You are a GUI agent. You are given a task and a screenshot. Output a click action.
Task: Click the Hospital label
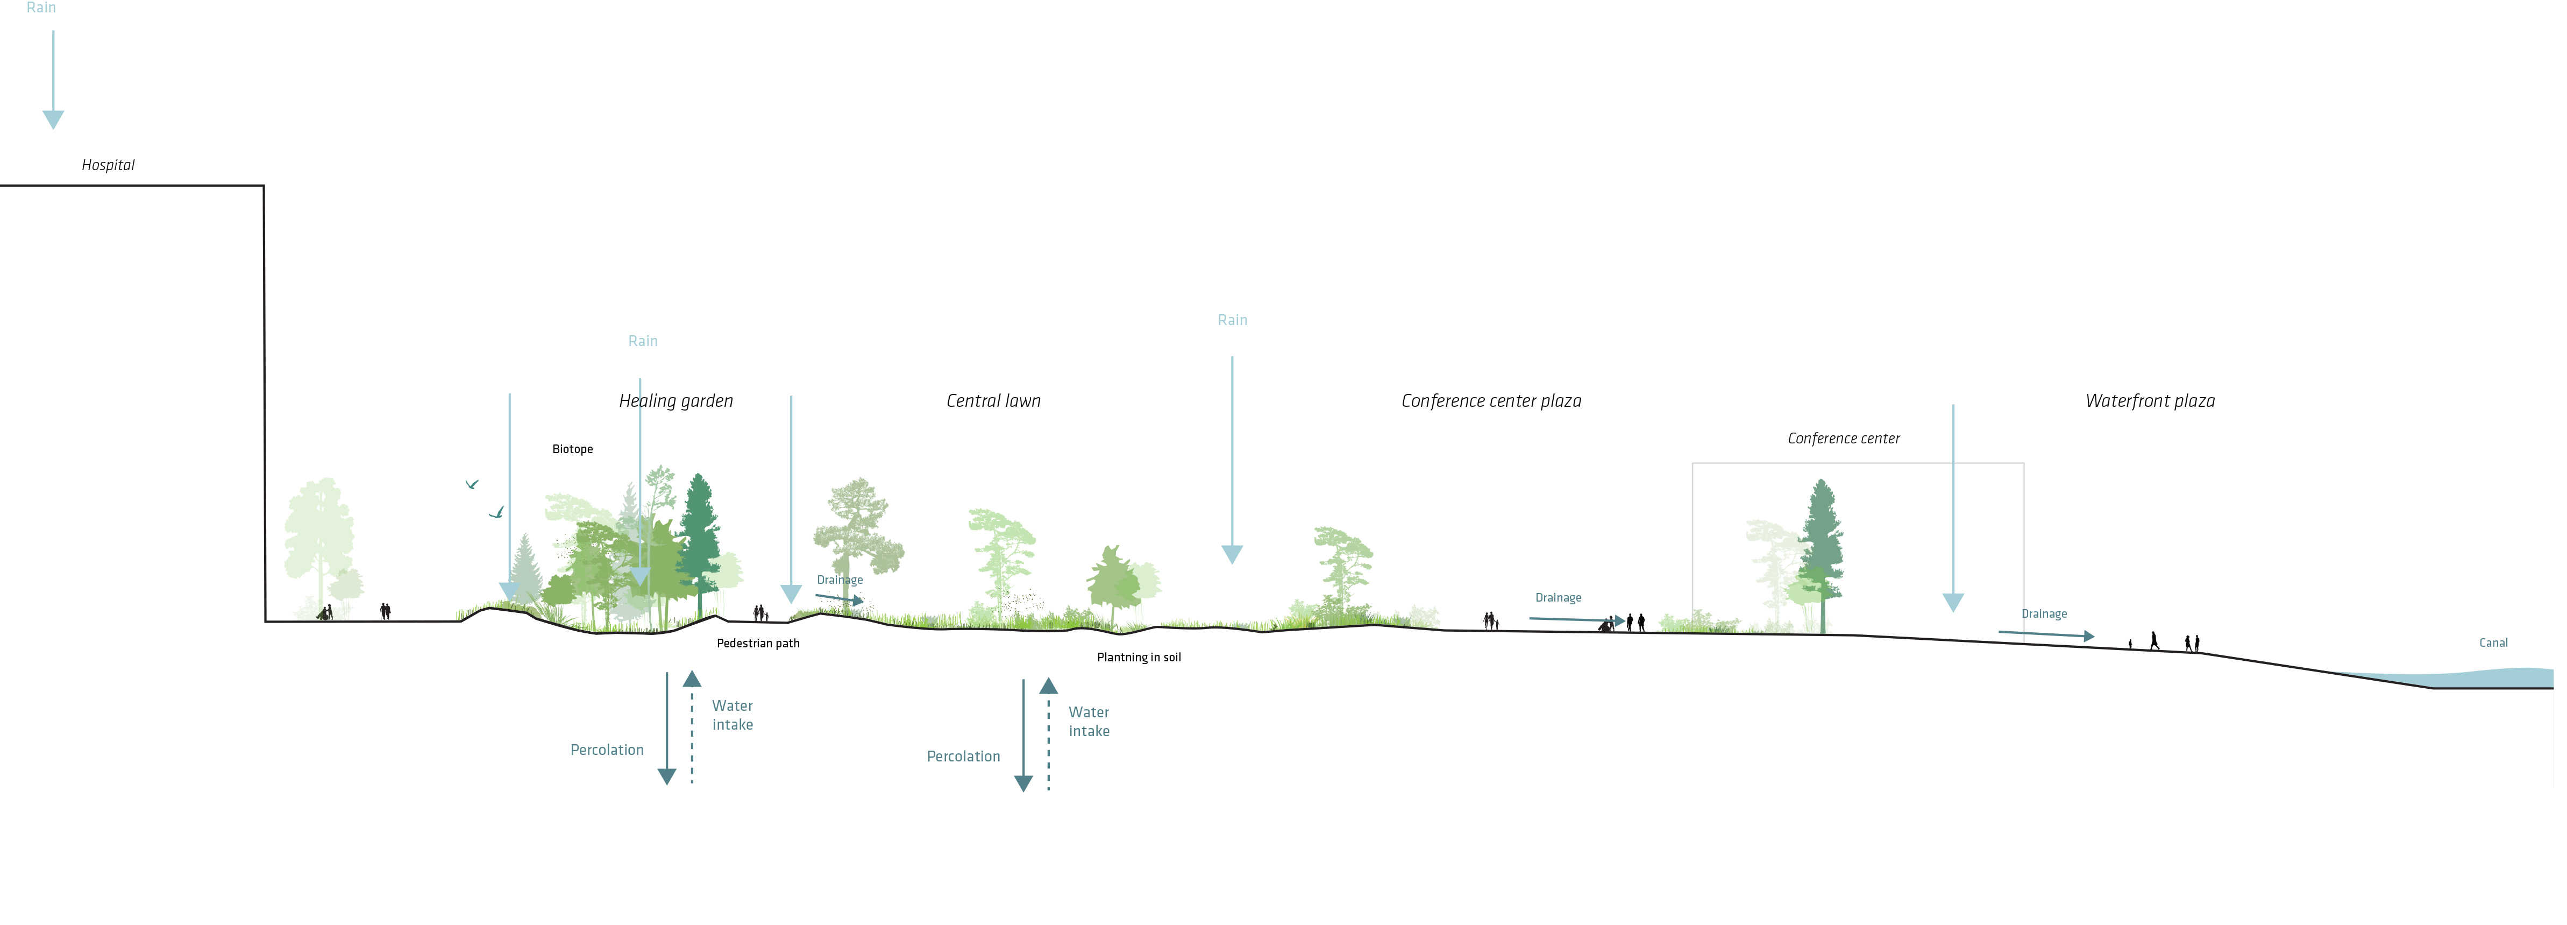coord(108,165)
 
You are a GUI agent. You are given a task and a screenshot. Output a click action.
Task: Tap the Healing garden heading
coord(675,401)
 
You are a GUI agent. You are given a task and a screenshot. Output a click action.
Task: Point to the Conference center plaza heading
coord(1491,401)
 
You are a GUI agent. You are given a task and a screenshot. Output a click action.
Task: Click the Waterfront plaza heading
coord(2150,401)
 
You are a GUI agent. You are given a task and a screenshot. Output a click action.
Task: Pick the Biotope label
coord(572,449)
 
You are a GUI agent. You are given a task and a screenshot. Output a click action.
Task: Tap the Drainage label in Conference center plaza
coord(1558,598)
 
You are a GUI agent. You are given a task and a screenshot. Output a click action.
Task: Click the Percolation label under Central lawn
coord(963,757)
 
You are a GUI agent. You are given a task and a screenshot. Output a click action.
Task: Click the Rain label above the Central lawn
coord(1232,320)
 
